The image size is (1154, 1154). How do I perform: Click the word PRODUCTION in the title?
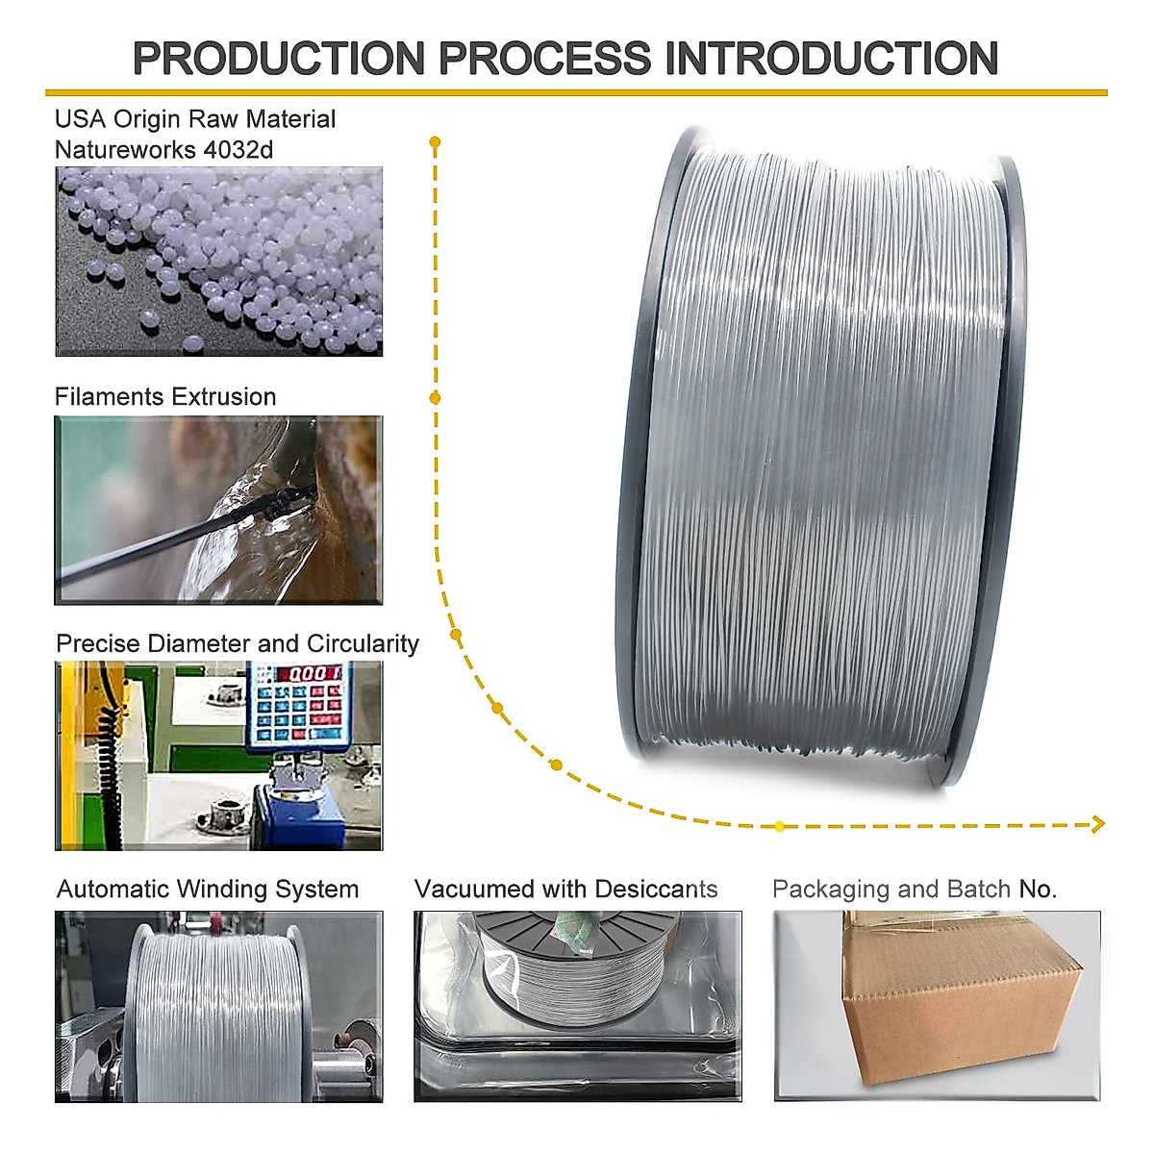[x=278, y=59]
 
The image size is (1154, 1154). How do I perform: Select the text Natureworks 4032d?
[x=163, y=150]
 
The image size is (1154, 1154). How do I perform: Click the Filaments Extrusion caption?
[x=165, y=397]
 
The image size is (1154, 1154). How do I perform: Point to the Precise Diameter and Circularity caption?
[x=238, y=643]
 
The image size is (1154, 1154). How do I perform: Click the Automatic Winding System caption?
[x=208, y=890]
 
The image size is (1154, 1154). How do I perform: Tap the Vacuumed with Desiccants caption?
[x=565, y=890]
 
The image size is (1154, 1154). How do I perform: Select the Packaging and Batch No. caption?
[x=915, y=890]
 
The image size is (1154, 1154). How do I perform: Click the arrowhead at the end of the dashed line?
[x=1098, y=824]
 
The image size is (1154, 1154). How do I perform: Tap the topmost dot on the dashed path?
[x=435, y=142]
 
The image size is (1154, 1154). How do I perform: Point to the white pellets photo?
[x=218, y=262]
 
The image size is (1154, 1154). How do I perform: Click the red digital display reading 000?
[x=312, y=673]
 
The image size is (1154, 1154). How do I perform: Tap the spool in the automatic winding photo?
[x=217, y=1010]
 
